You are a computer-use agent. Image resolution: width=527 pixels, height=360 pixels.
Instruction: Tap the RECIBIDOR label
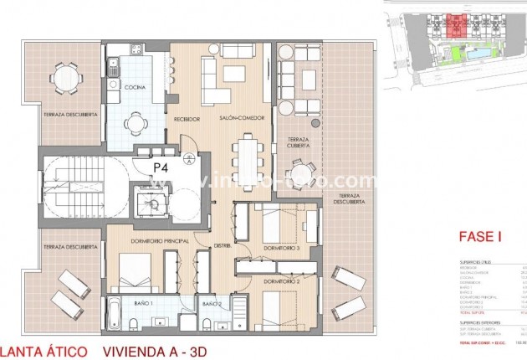tap(187, 120)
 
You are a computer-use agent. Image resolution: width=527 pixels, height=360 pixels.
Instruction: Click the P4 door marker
tap(161, 167)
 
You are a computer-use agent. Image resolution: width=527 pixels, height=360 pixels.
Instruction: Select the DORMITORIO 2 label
tap(281, 282)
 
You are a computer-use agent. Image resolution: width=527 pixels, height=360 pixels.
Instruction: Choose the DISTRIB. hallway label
tap(222, 245)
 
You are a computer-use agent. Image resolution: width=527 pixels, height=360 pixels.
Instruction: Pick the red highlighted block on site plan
tap(455, 23)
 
